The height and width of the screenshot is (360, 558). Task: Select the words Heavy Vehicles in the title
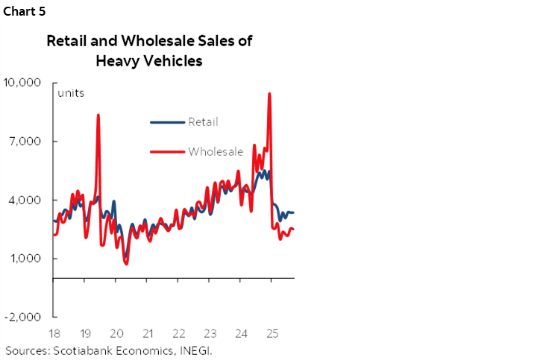[149, 62]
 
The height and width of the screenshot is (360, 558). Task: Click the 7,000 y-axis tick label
[26, 141]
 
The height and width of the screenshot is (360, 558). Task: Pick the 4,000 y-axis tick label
[26, 200]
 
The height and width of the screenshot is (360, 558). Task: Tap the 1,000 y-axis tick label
[26, 259]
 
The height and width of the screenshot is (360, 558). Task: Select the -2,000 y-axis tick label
[25, 318]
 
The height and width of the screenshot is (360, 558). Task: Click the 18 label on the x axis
[54, 333]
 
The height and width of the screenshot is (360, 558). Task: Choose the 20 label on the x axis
[116, 333]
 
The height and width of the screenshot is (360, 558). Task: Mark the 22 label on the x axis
[179, 333]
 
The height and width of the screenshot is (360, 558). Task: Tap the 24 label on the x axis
[241, 333]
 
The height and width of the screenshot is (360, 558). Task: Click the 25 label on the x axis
[272, 333]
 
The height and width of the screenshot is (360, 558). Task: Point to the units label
[71, 93]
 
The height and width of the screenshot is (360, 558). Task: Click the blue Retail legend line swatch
[166, 122]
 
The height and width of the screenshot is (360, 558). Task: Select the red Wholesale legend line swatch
[166, 151]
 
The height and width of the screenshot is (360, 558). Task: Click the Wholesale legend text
[216, 151]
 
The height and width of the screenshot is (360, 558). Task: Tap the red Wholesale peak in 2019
[98, 115]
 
